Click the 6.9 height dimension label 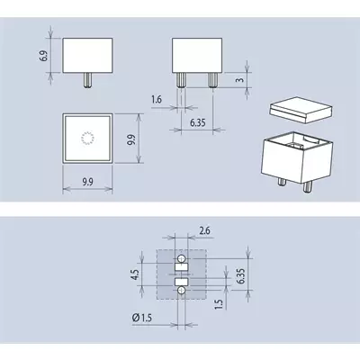(44, 56)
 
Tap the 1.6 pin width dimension (157, 99)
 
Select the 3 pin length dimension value (240, 79)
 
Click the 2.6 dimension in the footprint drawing (204, 230)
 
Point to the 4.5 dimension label (135, 274)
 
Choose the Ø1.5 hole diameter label (141, 318)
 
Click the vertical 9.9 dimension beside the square (131, 139)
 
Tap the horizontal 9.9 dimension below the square (87, 182)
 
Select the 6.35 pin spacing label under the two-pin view (198, 122)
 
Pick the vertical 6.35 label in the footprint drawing (241, 276)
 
